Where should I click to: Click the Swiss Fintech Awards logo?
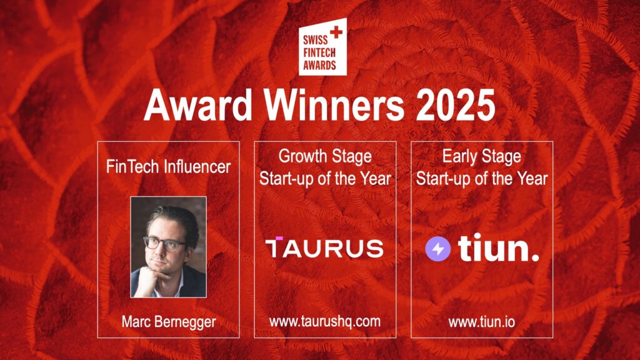[x=322, y=47]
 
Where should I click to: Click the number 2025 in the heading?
[x=455, y=105]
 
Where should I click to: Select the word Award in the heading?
[x=198, y=105]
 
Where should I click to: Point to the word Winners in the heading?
[x=334, y=105]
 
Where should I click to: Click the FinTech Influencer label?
[x=168, y=166]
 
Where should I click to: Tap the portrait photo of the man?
[x=168, y=247]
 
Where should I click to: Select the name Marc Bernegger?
[x=169, y=322]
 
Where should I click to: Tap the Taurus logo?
[x=324, y=247]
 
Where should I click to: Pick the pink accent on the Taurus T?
[x=279, y=238]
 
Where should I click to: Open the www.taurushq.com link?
[x=325, y=322]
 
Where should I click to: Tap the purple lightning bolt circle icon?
[x=438, y=249]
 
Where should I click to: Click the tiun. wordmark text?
[x=498, y=247]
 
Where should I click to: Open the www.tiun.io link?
[x=482, y=322]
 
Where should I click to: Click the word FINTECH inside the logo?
[x=319, y=52]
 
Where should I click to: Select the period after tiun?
[x=534, y=256]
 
